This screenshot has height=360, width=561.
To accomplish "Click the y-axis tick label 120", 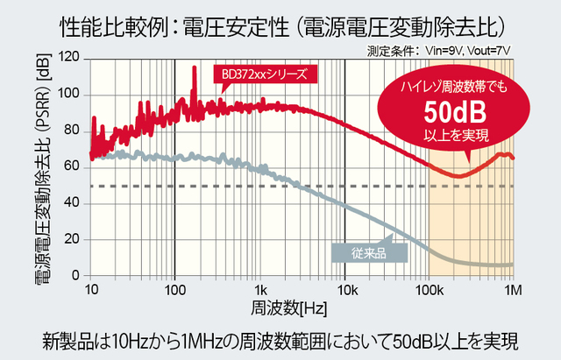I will point(69,58).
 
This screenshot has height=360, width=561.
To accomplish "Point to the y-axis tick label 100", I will point(69,95).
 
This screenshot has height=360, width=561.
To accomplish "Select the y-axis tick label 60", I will point(73,167).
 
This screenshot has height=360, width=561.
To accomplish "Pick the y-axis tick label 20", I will point(73,240).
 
